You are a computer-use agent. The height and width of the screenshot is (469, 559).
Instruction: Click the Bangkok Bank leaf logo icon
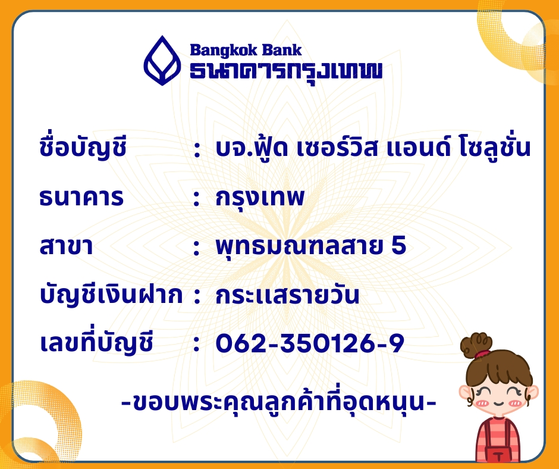[x=162, y=60]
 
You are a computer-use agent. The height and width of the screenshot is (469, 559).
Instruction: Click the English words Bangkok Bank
[x=246, y=51]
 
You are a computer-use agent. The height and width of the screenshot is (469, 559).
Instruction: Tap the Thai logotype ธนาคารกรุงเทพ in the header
[x=286, y=71]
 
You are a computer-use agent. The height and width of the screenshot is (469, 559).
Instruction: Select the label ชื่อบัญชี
[x=83, y=146]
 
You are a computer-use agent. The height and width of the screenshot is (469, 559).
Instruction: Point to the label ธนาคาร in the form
[x=81, y=198]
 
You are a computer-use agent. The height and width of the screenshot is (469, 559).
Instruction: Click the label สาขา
[x=67, y=246]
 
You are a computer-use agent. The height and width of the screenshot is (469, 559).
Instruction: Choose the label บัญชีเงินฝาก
[x=111, y=295]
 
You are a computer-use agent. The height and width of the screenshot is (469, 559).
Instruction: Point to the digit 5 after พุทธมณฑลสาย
[x=399, y=246]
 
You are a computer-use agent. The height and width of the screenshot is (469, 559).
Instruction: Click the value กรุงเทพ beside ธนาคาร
[x=260, y=198]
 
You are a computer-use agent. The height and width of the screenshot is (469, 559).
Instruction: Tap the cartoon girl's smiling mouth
[x=498, y=404]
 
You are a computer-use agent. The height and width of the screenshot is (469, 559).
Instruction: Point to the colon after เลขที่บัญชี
[x=196, y=344]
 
